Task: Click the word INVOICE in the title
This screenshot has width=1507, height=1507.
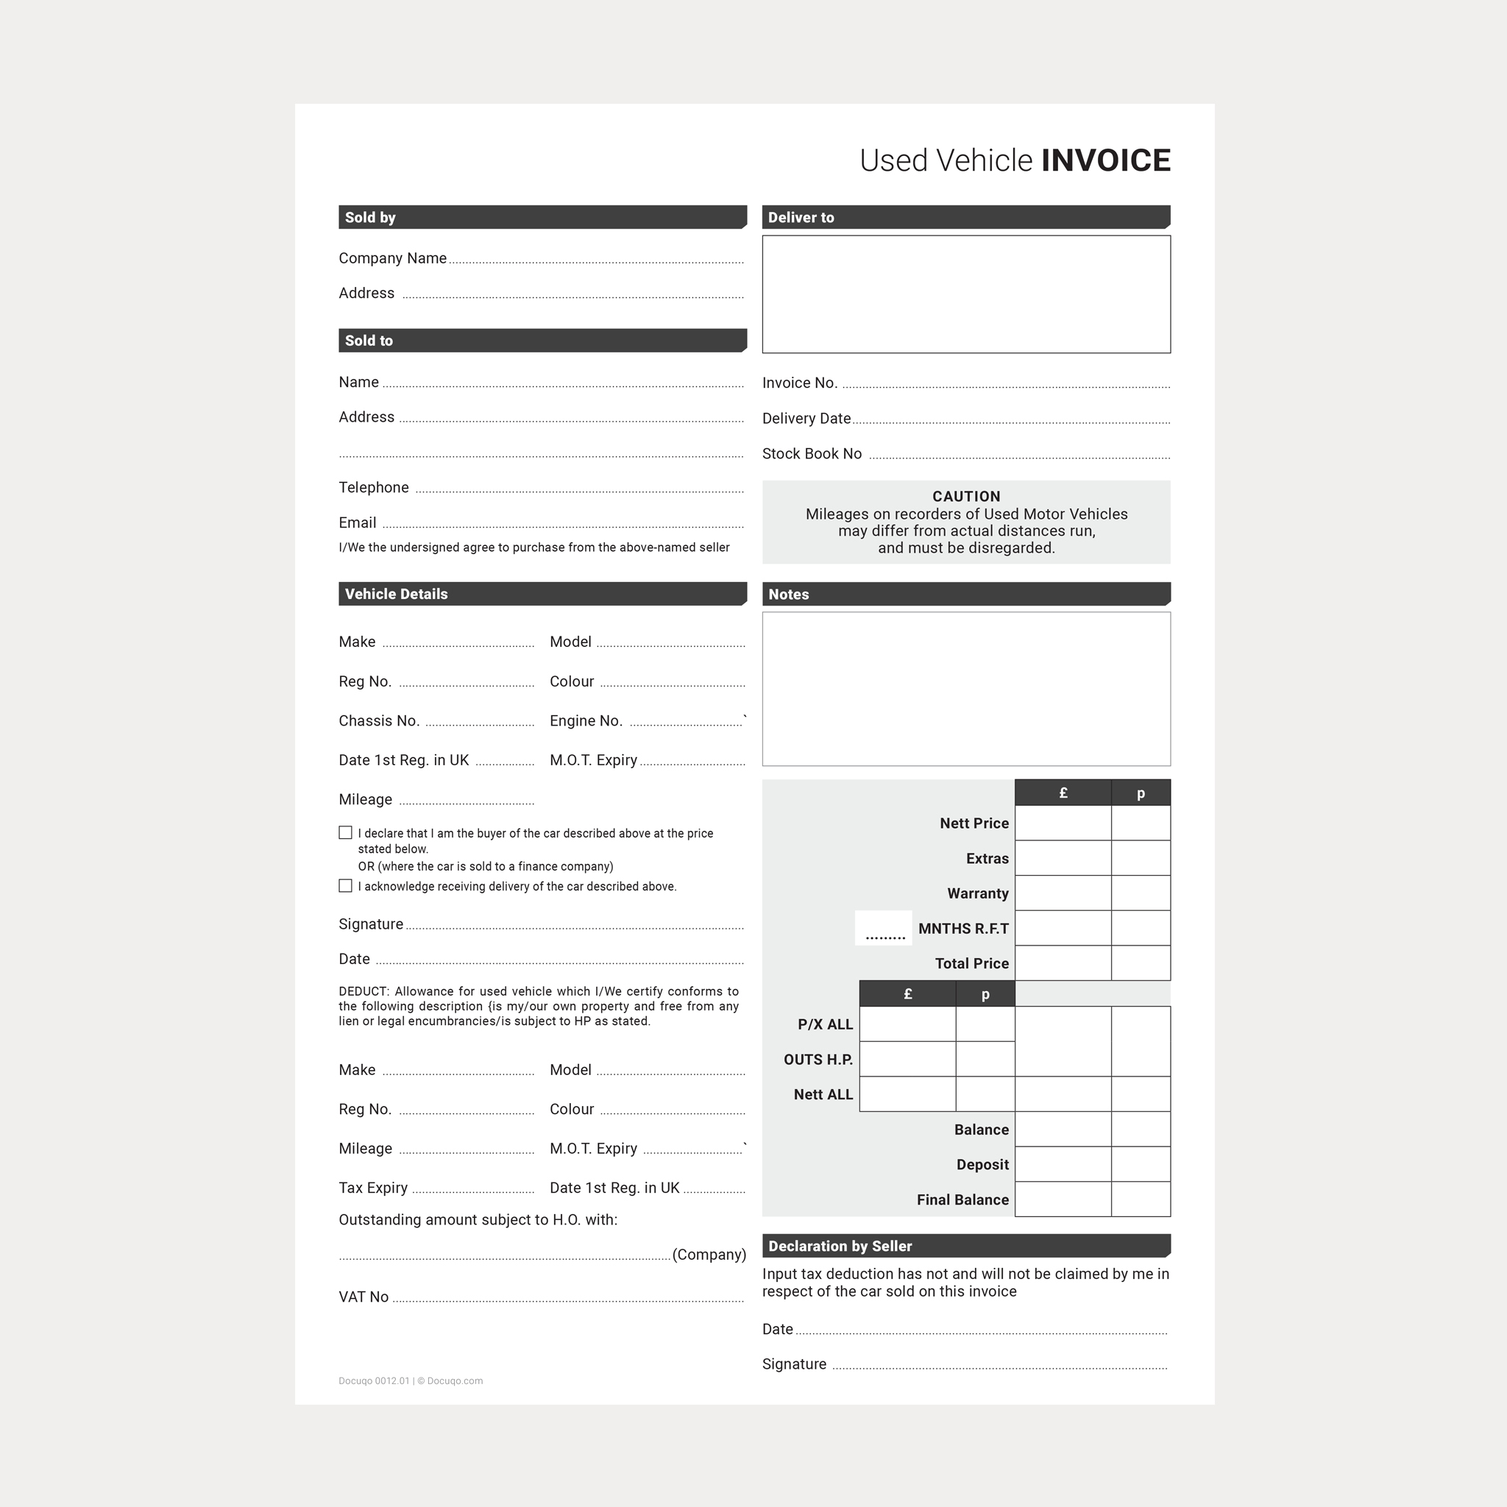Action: [1105, 160]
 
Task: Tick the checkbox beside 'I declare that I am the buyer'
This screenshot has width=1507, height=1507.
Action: [346, 832]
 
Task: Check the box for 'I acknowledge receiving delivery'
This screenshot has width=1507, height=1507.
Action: [346, 885]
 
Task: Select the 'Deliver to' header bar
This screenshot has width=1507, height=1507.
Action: [965, 217]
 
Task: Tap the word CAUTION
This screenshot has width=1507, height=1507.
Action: [965, 496]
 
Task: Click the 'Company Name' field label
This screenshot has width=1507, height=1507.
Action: [392, 258]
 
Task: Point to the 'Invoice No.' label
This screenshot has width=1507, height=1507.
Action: [800, 383]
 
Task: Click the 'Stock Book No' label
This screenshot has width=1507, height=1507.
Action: [811, 454]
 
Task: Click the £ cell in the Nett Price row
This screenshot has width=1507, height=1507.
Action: [1063, 823]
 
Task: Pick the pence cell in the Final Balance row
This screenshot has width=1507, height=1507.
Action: [1141, 1199]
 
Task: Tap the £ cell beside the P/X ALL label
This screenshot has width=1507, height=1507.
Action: [907, 1024]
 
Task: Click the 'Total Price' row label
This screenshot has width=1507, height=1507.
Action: [971, 963]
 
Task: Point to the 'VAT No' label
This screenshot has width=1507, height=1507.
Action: [364, 1297]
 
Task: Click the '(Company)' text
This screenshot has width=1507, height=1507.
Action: [709, 1255]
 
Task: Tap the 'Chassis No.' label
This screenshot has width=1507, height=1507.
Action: [379, 720]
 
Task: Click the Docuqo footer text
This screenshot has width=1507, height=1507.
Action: [411, 1380]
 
